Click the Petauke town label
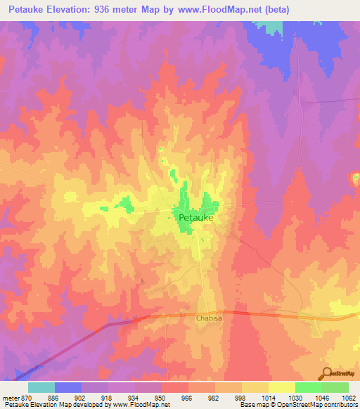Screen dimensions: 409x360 [x=196, y=219]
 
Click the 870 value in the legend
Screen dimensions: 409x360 [x=29, y=397]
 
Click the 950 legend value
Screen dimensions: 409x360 [x=162, y=397]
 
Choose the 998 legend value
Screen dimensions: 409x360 [x=242, y=397]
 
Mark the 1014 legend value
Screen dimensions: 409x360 [x=269, y=397]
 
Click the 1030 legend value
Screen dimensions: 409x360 [x=295, y=397]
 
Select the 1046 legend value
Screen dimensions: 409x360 [x=322, y=397]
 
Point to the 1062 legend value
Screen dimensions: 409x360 [x=348, y=397]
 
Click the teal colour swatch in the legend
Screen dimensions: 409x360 [x=41, y=387]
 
